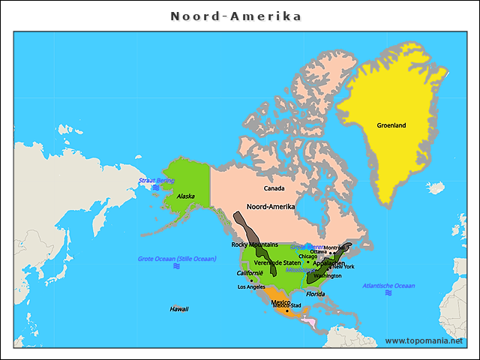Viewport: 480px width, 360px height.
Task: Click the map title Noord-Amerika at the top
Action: tap(235, 16)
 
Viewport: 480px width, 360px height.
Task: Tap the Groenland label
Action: tap(391, 125)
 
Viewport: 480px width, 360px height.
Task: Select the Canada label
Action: tap(274, 188)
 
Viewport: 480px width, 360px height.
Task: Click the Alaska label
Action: tap(185, 196)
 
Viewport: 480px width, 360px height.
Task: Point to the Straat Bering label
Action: tap(156, 181)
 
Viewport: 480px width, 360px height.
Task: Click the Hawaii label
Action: tap(178, 309)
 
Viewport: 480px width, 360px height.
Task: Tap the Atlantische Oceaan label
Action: tap(388, 286)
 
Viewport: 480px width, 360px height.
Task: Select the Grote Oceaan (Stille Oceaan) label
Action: tap(177, 259)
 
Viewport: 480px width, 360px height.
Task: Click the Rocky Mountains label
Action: tap(254, 244)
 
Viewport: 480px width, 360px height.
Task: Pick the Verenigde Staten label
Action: tap(277, 262)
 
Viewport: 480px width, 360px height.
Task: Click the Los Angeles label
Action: tap(251, 287)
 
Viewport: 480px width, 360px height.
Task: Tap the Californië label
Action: tap(250, 273)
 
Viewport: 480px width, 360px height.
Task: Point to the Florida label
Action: tap(315, 294)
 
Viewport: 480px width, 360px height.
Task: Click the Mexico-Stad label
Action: tap(286, 306)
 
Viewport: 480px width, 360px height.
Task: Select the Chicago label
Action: tap(308, 256)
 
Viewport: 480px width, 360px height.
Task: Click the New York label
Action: tap(343, 267)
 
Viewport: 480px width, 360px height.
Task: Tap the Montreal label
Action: tap(334, 247)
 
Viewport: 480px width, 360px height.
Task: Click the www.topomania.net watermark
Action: tap(424, 340)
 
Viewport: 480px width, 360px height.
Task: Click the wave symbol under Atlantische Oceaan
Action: tap(388, 293)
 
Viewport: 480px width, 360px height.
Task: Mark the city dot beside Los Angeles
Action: tap(251, 280)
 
